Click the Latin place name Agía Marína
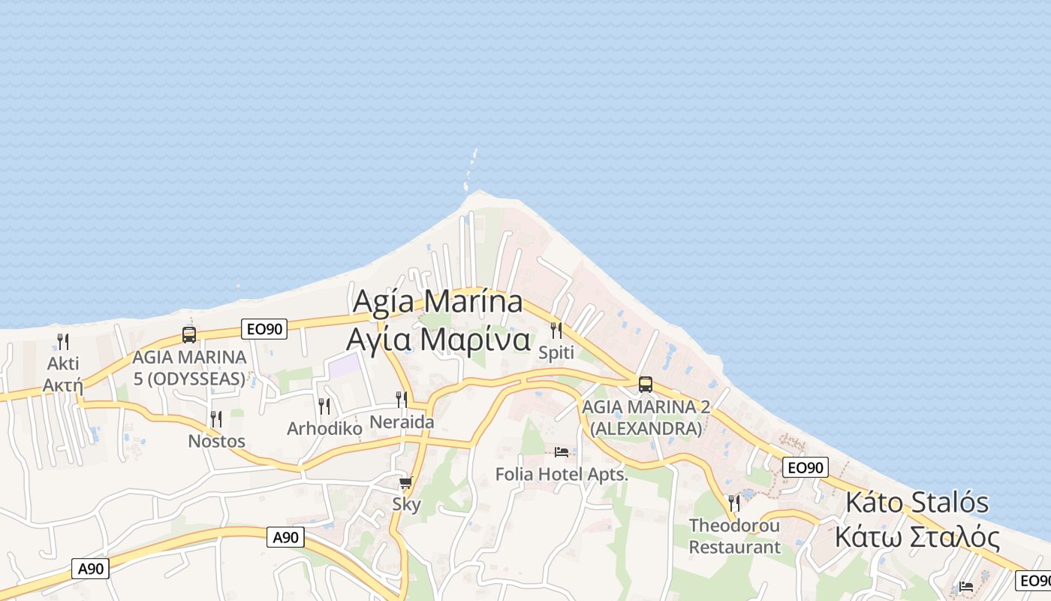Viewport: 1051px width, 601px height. [x=438, y=302]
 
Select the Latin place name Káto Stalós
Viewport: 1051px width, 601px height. [x=917, y=503]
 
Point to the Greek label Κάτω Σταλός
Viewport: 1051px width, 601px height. [x=917, y=538]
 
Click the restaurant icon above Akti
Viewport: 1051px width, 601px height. [x=63, y=341]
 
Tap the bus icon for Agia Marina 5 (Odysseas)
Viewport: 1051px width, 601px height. [x=188, y=335]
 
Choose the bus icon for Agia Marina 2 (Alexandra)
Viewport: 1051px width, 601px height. [x=645, y=385]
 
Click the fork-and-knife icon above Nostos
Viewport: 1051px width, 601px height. [x=216, y=419]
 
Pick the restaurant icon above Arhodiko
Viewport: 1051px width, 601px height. [x=324, y=406]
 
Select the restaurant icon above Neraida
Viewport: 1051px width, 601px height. [x=402, y=400]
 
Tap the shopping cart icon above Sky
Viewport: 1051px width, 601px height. [x=406, y=482]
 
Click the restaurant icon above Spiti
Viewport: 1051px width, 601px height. [x=556, y=330]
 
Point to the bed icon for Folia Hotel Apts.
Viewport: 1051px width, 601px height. [x=562, y=452]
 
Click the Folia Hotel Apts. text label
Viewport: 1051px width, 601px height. [x=562, y=474]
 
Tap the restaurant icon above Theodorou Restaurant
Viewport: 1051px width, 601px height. [x=733, y=503]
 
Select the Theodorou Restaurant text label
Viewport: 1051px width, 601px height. [x=735, y=536]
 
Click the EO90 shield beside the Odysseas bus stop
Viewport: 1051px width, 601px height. [x=264, y=328]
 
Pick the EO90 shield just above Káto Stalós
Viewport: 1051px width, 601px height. [x=805, y=467]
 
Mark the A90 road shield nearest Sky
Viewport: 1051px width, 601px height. [x=285, y=536]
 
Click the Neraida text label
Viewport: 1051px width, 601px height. [x=402, y=422]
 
